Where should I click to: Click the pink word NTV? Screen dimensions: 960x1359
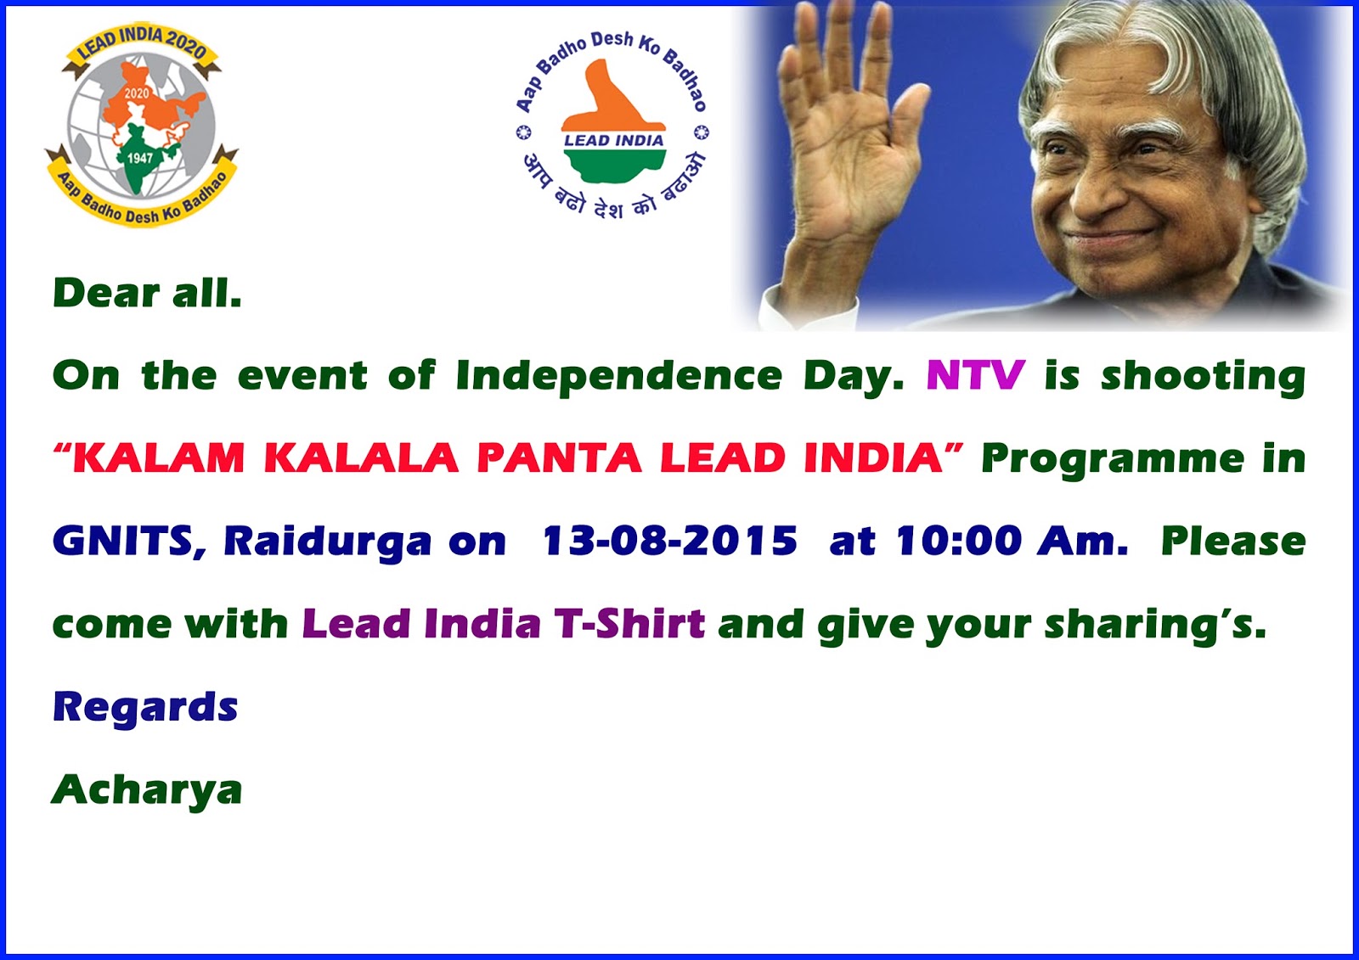[x=975, y=375]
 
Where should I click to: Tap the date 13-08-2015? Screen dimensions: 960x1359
[x=670, y=541]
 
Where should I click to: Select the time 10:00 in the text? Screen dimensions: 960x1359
[x=959, y=541]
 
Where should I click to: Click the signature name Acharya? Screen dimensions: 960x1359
[x=147, y=790]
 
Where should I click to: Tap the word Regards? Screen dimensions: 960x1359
[x=145, y=707]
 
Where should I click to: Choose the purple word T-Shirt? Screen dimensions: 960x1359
[x=629, y=624]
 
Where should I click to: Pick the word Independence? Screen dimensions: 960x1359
[x=618, y=376]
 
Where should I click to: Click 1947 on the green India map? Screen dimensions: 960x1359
[x=139, y=158]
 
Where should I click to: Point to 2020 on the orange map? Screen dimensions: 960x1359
[x=136, y=93]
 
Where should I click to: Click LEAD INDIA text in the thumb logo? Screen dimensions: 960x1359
[x=613, y=141]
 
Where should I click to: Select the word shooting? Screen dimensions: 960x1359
[x=1203, y=377]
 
